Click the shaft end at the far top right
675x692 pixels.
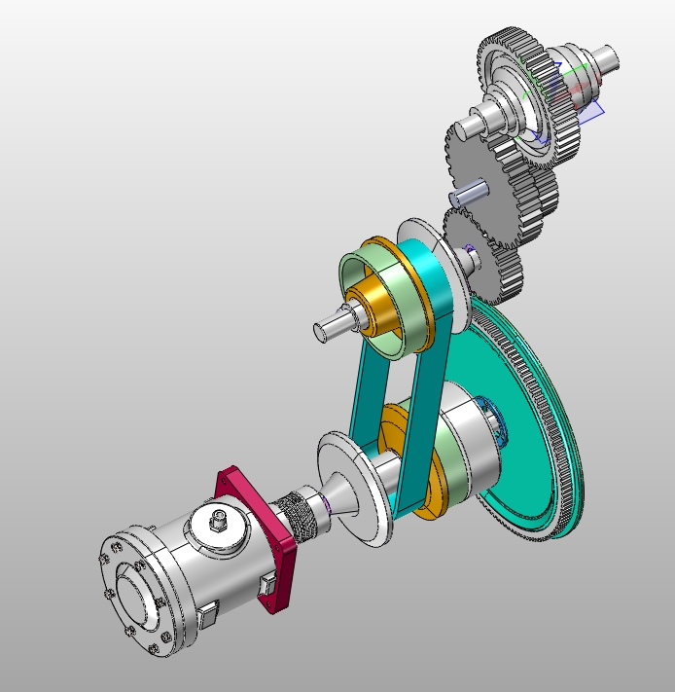point(609,58)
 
